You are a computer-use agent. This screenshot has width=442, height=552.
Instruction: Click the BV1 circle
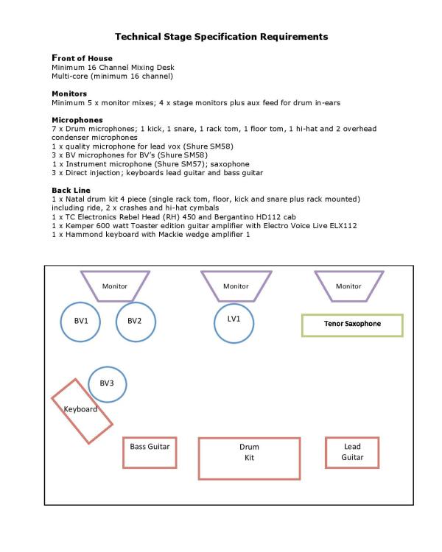[x=81, y=321]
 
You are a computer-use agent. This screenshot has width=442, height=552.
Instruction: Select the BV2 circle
[x=134, y=321]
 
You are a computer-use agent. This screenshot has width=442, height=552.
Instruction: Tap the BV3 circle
[x=107, y=383]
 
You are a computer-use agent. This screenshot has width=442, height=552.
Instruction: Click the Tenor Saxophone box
[x=352, y=325]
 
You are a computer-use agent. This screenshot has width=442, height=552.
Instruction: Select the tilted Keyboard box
[x=82, y=411]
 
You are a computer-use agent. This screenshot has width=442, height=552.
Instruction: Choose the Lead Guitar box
[x=352, y=452]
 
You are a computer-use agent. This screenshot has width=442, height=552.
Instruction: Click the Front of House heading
[x=82, y=58]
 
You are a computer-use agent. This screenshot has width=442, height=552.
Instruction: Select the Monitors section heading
[x=69, y=93]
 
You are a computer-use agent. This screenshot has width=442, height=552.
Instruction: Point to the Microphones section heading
[x=77, y=119]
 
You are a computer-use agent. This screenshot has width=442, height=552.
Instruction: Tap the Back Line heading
[x=71, y=190]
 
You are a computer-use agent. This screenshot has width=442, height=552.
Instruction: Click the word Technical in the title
[x=141, y=36]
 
